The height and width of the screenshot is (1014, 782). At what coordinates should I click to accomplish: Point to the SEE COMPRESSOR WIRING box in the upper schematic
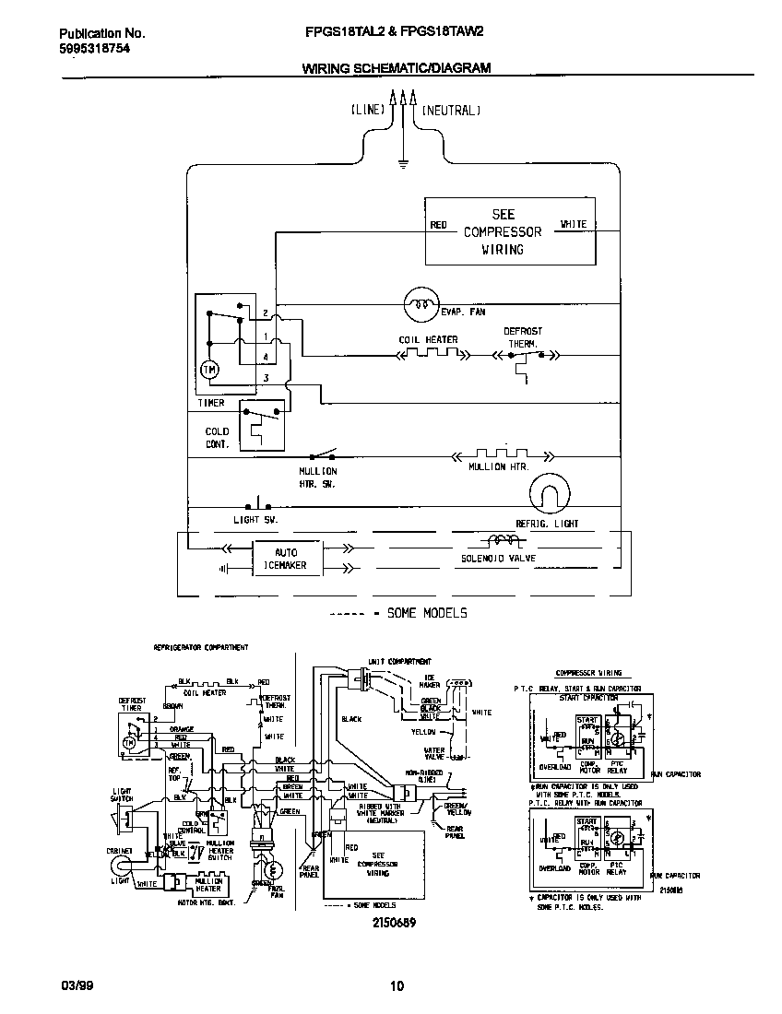pyautogui.click(x=504, y=230)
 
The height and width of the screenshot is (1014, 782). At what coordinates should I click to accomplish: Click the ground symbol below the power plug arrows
pyautogui.click(x=403, y=165)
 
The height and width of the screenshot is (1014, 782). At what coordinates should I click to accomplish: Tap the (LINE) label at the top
pyautogui.click(x=368, y=110)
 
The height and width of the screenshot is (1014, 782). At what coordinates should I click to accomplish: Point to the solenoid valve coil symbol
pyautogui.click(x=502, y=541)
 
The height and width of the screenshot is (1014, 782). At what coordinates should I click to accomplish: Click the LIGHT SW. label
pyautogui.click(x=255, y=520)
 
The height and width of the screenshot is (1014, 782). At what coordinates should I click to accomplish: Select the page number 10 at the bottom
pyautogui.click(x=397, y=986)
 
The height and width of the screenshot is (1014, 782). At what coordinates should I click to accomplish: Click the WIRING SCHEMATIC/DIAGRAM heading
pyautogui.click(x=397, y=67)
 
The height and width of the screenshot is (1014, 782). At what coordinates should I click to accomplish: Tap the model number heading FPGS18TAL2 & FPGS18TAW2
pyautogui.click(x=394, y=31)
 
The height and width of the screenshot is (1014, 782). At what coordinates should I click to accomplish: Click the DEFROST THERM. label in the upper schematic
pyautogui.click(x=522, y=336)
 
